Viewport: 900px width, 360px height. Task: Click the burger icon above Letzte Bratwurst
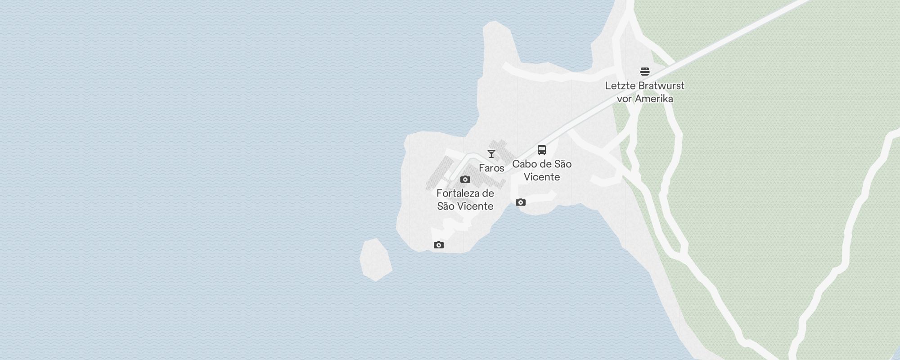[x=645, y=72]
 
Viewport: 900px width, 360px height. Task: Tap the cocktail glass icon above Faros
[x=491, y=154]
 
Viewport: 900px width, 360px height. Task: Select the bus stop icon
[x=542, y=150]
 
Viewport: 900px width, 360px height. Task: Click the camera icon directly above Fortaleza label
[x=465, y=180]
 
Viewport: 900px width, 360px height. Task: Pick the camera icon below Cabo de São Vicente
[x=521, y=202]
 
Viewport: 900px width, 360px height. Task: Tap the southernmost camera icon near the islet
[x=439, y=245]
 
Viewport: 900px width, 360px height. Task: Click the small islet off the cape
[x=375, y=260]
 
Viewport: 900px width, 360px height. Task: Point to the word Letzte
[x=620, y=85]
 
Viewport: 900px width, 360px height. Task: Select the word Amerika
[x=655, y=99]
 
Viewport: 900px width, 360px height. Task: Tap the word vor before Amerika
[x=625, y=99]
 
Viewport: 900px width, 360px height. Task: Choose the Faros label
[x=491, y=168]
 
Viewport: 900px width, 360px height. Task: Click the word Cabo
[x=525, y=164]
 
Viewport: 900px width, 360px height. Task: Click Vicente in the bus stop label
[x=542, y=177]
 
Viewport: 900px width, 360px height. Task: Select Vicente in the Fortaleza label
[x=476, y=206]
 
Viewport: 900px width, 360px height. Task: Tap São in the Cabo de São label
[x=562, y=164]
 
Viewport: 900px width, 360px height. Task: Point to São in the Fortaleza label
[x=446, y=206]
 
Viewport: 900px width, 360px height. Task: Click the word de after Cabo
[x=545, y=164]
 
